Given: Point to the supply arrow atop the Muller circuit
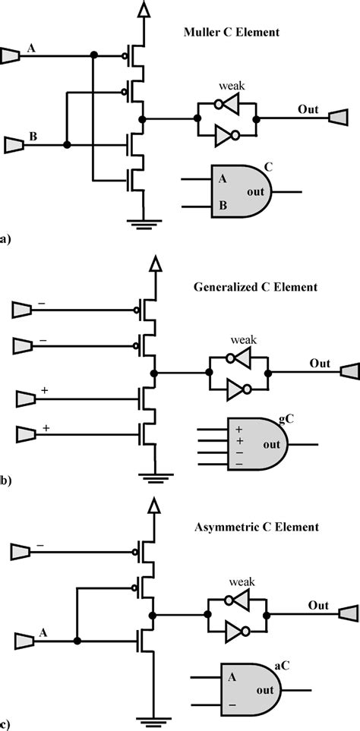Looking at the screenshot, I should (x=141, y=10).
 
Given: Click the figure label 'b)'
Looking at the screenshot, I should (x=6, y=479).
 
